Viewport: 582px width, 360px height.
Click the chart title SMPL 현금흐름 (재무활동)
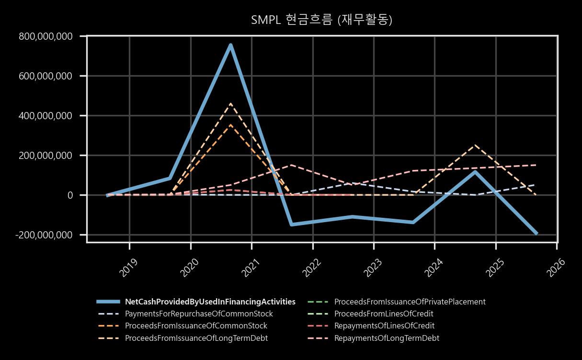[x=322, y=20]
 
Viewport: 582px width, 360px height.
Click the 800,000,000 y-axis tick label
[x=46, y=36]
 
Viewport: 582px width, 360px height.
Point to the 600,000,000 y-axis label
[x=46, y=76]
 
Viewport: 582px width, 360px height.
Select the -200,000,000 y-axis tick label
[x=44, y=235]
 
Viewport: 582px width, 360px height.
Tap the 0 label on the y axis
[x=70, y=195]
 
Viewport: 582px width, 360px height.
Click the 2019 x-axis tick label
[x=128, y=268]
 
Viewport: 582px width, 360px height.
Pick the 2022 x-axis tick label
[x=311, y=268]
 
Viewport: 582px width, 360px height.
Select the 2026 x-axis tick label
[x=556, y=268]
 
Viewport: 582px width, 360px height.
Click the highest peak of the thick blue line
[x=231, y=45]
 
